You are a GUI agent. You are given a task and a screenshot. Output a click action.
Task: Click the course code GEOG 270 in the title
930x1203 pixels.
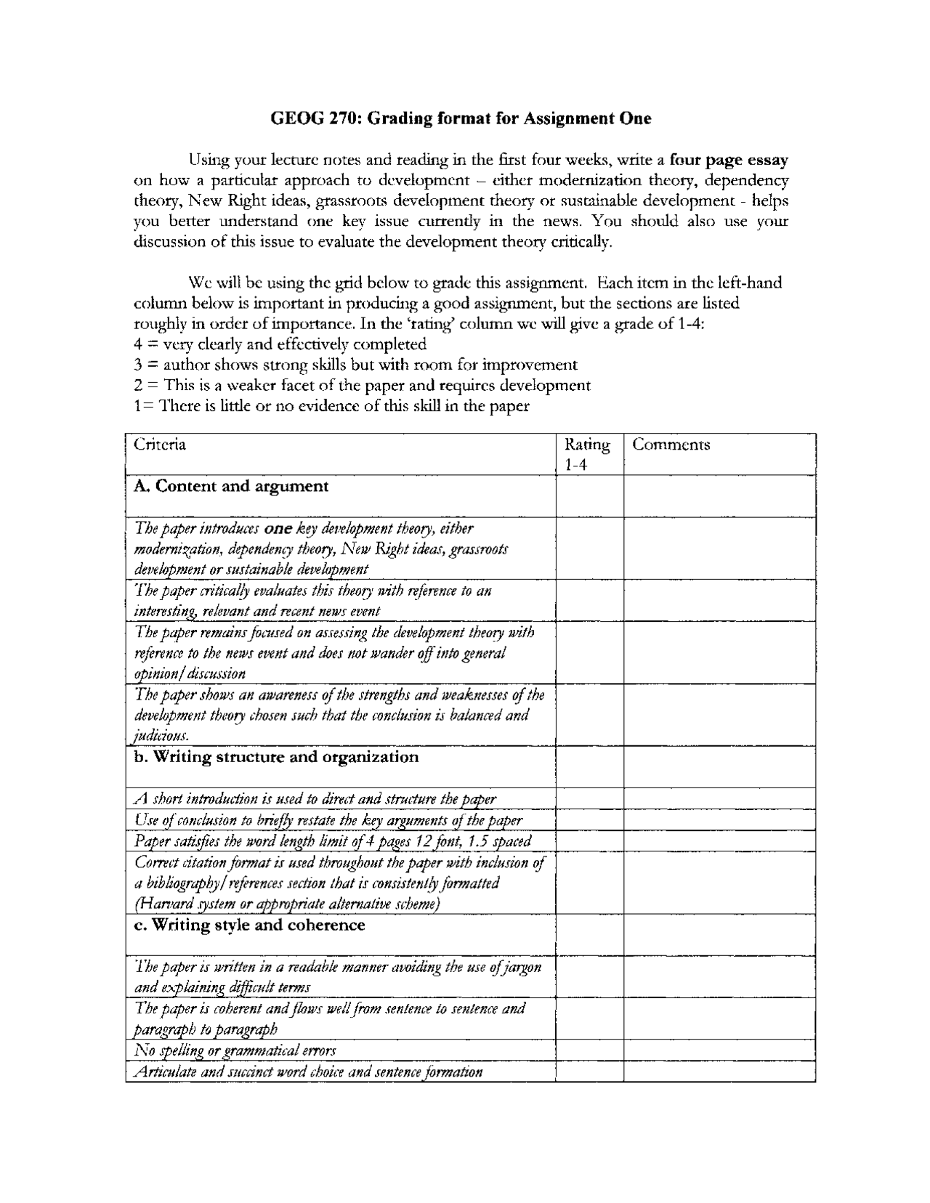(314, 118)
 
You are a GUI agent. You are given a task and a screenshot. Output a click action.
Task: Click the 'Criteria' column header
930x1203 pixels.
(160, 445)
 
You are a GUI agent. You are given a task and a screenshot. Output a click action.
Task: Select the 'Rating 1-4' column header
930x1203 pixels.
(587, 454)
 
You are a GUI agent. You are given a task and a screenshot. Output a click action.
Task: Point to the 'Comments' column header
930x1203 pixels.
(671, 445)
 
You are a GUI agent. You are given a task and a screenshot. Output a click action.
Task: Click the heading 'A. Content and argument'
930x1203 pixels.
(231, 486)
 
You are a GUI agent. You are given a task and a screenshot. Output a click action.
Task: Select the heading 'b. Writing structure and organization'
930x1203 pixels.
(276, 757)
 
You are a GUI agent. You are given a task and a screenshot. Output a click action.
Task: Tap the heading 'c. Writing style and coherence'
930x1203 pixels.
(249, 925)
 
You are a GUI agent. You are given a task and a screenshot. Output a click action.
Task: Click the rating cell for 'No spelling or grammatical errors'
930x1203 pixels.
(589, 1050)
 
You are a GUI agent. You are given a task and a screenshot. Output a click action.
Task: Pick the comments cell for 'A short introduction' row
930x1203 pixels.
(719, 799)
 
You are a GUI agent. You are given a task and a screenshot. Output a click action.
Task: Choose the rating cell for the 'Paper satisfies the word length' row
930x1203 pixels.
(589, 841)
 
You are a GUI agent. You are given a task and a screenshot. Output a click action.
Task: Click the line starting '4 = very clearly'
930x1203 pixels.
(280, 344)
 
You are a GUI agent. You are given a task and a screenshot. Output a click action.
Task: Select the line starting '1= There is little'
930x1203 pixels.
(331, 406)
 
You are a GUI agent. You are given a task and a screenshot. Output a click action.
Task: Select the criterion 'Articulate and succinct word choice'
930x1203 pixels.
(308, 1072)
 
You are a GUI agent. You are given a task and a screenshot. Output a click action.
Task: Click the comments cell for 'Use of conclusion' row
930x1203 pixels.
(719, 820)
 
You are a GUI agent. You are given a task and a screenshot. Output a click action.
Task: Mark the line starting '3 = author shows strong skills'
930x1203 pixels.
(356, 365)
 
